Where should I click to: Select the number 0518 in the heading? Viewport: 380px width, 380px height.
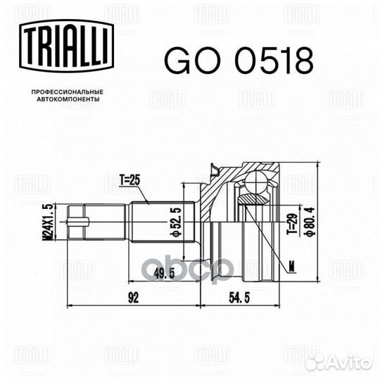(x=270, y=61)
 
